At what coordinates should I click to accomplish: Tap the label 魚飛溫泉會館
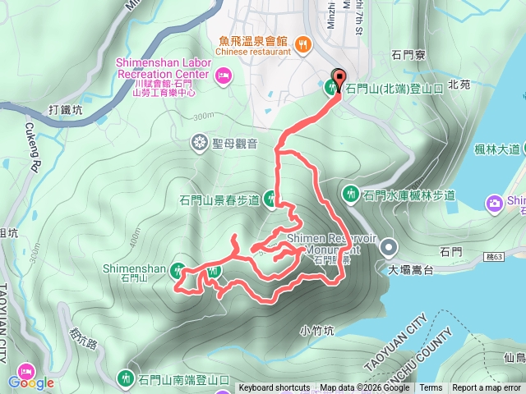[x=254, y=40]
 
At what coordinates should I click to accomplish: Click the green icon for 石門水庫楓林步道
[x=350, y=195]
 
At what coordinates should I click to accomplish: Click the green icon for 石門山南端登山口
[x=126, y=378]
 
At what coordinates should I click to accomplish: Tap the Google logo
[x=32, y=383]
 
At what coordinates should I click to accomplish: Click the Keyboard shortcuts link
[x=275, y=388]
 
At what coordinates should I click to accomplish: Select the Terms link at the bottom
[x=431, y=388]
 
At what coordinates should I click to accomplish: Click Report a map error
[x=487, y=388]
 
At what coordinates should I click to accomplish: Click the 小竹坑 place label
[x=316, y=331]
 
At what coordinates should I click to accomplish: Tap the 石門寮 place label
[x=408, y=57]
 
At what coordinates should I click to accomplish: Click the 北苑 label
[x=459, y=84]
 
